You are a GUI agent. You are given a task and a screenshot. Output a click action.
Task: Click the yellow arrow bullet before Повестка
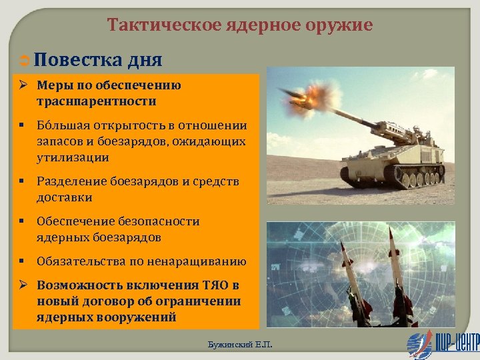pos(22,61)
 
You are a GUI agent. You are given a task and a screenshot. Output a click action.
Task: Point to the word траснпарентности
pos(97,101)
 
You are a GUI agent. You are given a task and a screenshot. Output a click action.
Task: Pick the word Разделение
pos(71,181)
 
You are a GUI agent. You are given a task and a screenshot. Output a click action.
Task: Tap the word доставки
pos(65,197)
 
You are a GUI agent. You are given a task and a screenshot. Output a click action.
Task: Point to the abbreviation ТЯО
pos(216,285)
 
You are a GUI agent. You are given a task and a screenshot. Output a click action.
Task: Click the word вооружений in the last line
pos(140,317)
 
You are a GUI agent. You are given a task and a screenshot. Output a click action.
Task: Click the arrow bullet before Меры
pos(22,85)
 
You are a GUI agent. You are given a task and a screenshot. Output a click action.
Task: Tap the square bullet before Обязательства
pos(22,261)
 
